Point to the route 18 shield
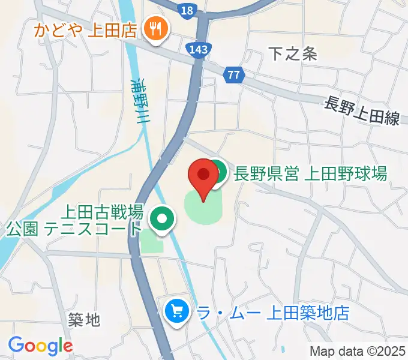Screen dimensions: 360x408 (x=187, y=10)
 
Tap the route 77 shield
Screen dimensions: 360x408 (x=234, y=75)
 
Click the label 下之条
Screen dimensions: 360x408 (x=292, y=54)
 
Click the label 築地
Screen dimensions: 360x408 (x=84, y=320)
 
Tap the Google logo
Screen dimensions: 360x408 (x=40, y=346)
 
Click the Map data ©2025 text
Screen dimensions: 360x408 (x=358, y=351)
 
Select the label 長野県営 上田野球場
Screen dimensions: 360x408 (x=310, y=174)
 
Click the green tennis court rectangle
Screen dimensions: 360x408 (x=151, y=242)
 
